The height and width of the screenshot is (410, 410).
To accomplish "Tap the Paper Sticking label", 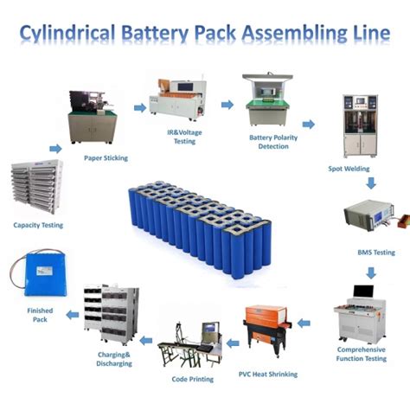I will tap(106, 158).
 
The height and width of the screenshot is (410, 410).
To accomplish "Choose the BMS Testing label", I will tap(375, 253).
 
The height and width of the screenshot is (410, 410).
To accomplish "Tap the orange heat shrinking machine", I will tap(267, 334).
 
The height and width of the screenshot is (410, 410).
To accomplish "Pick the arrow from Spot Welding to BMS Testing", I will tap(369, 183).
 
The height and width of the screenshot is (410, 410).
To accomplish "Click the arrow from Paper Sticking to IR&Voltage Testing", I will tap(138, 107).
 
